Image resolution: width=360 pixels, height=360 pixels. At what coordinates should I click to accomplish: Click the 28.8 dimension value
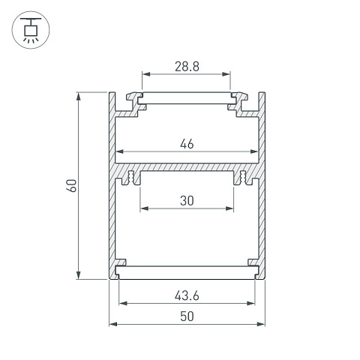[187, 67]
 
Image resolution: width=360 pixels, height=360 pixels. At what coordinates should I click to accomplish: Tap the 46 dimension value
[187, 144]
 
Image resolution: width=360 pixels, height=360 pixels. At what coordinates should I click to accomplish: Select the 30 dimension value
[187, 201]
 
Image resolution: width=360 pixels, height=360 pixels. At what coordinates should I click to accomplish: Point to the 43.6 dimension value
[187, 296]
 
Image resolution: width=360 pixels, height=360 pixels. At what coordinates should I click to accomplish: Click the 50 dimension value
[187, 316]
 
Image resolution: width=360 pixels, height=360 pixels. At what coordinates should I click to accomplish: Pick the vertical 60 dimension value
[72, 185]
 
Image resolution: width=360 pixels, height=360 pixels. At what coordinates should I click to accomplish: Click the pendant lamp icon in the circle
[31, 30]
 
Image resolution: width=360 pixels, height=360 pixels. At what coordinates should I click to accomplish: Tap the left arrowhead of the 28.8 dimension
[146, 74]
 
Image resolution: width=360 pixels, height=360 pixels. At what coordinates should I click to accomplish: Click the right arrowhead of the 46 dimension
[254, 151]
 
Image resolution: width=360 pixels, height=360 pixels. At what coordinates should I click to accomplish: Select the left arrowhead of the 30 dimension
[144, 208]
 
